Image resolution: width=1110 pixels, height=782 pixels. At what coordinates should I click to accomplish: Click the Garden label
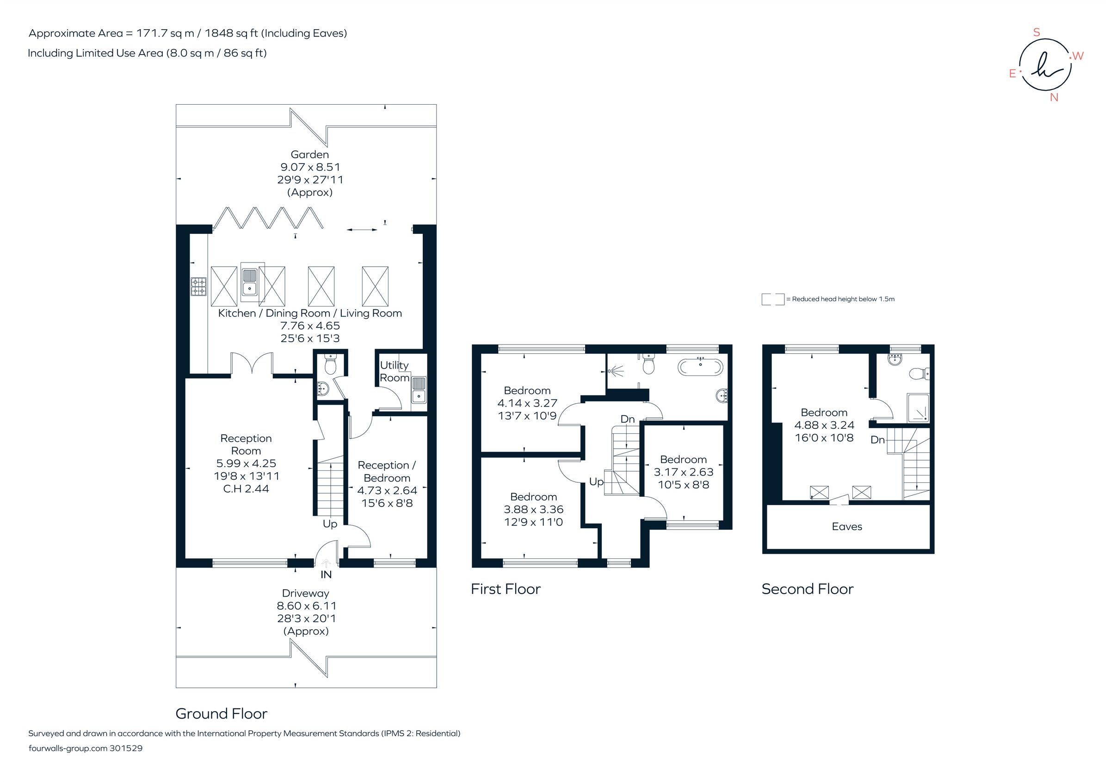point(309,154)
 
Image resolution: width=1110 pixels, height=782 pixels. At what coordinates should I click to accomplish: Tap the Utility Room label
point(395,372)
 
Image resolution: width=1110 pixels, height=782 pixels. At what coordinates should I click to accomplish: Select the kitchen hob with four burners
point(198,286)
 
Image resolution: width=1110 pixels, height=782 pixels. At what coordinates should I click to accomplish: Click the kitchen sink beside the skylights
point(249,282)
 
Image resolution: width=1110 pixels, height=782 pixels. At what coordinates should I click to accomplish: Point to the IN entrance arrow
point(327,563)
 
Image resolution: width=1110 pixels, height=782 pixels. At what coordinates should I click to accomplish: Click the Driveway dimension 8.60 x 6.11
point(306,606)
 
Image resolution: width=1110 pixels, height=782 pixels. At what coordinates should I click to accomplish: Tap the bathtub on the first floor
point(701,367)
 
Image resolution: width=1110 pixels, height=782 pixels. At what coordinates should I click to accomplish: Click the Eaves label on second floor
point(846,526)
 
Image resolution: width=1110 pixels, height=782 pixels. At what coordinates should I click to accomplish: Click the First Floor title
point(505,589)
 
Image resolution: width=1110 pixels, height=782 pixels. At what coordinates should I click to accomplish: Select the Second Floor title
point(807,589)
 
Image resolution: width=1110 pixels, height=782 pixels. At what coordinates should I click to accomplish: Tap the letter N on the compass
point(1054,97)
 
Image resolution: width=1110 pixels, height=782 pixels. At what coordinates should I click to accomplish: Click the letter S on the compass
point(1036,32)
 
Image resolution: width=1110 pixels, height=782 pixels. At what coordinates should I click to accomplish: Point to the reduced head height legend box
point(772,299)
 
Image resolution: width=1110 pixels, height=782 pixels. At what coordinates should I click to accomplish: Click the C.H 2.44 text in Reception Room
point(246,489)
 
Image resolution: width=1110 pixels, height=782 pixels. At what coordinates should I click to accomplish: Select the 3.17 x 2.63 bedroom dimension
point(683,472)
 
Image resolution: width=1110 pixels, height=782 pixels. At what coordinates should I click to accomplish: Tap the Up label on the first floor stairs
point(596,482)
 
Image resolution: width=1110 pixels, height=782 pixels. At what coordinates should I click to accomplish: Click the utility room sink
point(418,390)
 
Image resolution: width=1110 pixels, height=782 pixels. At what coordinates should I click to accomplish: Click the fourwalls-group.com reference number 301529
point(126,748)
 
